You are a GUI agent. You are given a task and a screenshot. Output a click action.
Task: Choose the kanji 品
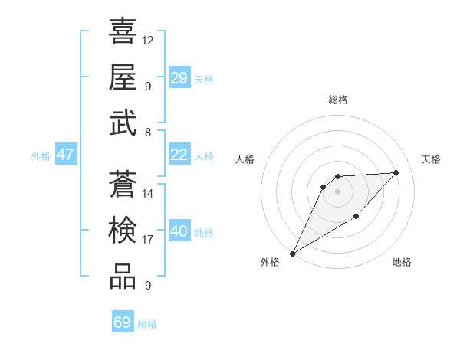pos(123,277)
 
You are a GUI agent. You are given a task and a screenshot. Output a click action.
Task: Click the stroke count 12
pos(148,39)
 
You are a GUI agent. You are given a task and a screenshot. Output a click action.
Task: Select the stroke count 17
pos(148,240)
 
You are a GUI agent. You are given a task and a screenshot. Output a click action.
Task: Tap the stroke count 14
pos(148,193)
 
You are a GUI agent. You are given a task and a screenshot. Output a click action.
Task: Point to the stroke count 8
pos(148,133)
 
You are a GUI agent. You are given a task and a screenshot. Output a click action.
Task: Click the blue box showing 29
pos(179,78)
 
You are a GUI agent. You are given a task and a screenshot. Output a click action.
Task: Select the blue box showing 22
pos(179,155)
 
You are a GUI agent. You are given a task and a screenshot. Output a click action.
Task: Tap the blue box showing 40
pos(179,231)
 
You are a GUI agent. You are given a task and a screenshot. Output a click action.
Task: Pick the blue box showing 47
pos(66,155)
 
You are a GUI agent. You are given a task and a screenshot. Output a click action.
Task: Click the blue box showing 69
pos(123,322)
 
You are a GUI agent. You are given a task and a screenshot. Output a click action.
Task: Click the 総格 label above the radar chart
pos(338,100)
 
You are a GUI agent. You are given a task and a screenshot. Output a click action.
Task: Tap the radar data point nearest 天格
pos(396,172)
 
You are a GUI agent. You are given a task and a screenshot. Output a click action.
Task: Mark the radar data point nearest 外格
pos(292,253)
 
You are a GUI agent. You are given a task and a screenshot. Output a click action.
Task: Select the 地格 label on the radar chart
pos(402,262)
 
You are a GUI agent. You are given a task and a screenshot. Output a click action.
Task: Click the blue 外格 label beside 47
pos(41,155)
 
